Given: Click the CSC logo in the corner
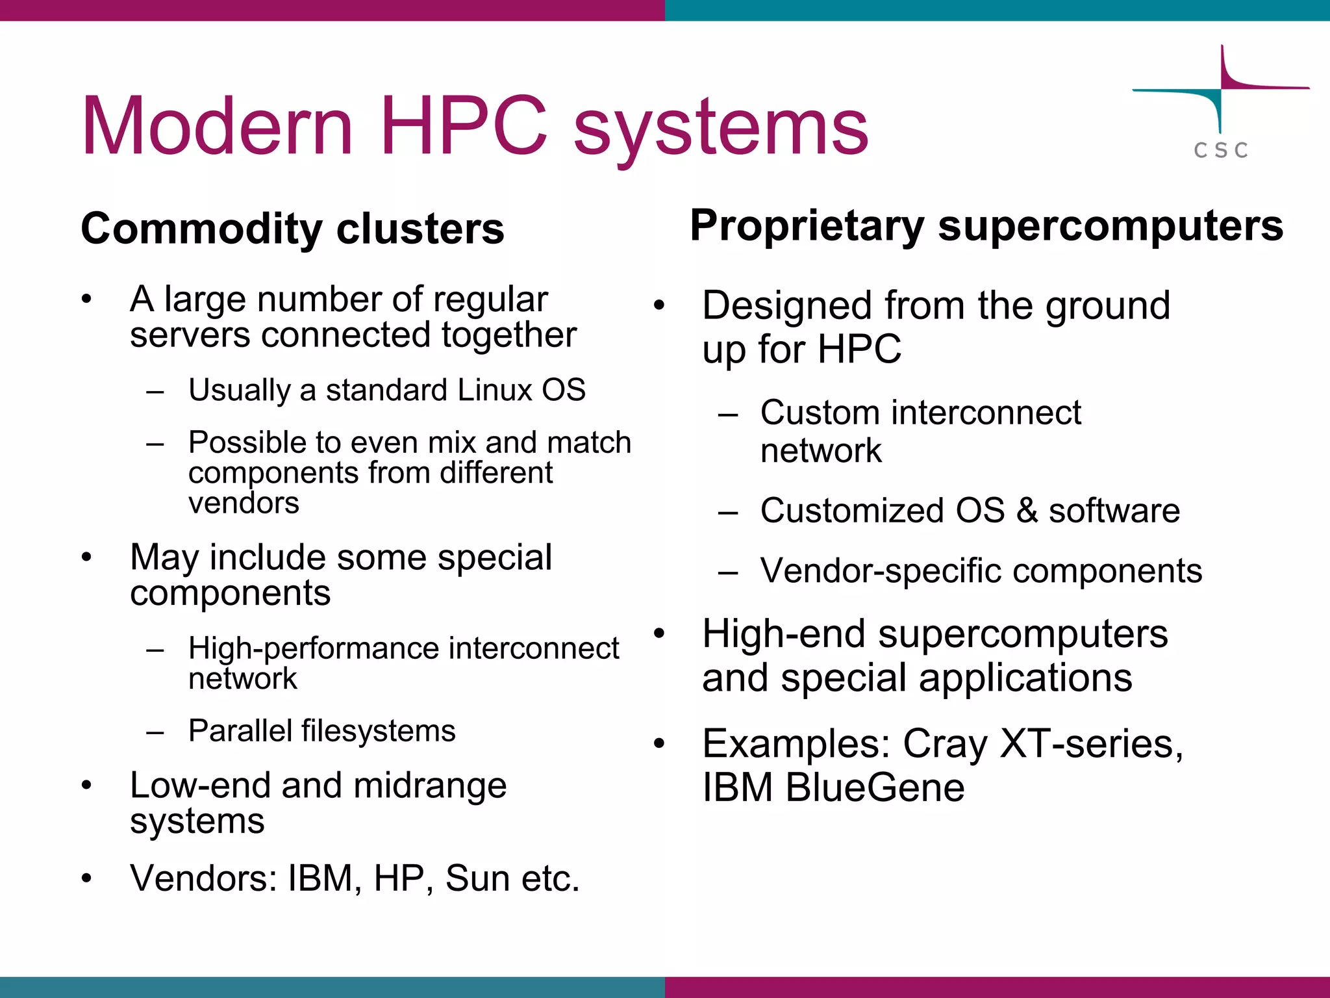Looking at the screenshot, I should (x=1221, y=104).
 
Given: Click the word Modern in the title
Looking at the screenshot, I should (x=218, y=126).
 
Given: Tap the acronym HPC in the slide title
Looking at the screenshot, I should (x=464, y=126).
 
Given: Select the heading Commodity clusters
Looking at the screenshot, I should (x=292, y=229).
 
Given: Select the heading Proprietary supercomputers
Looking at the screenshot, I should (x=986, y=226).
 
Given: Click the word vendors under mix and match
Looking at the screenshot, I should (x=244, y=503).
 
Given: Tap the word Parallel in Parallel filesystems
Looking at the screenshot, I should (x=240, y=731).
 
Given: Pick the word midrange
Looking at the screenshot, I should (x=430, y=786).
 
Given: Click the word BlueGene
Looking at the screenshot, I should (x=875, y=788).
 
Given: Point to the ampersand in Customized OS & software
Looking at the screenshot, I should (x=1027, y=511).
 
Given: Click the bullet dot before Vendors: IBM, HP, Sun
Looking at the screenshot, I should (x=87, y=878).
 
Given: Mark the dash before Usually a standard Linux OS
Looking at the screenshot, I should (x=155, y=392).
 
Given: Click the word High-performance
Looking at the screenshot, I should (x=312, y=648).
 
